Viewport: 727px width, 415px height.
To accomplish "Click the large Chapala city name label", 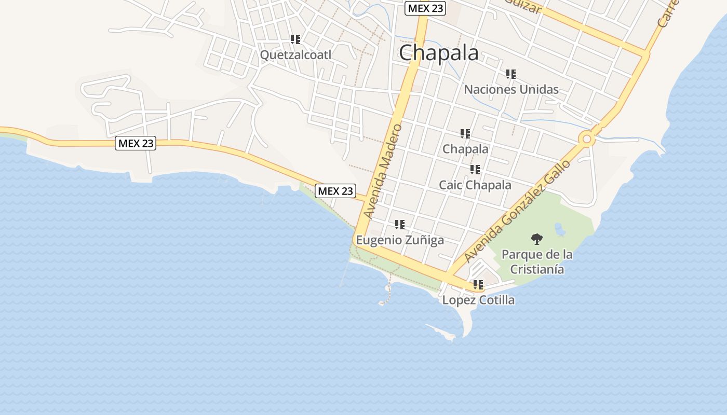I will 439,53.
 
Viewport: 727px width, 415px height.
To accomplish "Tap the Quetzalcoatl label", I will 295,54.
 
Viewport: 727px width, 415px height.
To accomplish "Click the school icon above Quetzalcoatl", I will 295,39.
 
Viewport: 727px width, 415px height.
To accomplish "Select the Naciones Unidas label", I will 511,89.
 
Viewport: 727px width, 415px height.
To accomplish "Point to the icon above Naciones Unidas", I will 511,74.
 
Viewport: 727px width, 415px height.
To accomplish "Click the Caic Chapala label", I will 475,185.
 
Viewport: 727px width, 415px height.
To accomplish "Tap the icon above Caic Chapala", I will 475,170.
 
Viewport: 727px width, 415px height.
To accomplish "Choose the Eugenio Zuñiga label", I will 400,240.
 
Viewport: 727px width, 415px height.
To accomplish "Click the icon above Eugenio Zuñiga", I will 400,225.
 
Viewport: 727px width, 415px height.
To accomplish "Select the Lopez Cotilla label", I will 478,300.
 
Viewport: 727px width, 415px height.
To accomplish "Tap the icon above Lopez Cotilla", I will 478,285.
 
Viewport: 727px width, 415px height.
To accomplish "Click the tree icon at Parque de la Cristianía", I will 537,239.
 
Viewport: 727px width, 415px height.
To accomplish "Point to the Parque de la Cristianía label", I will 537,262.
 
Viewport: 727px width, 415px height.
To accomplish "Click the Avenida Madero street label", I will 383,171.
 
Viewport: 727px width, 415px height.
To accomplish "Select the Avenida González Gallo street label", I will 517,210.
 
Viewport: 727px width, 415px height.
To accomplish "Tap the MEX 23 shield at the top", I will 425,8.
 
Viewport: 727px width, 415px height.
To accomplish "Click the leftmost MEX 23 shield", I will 136,143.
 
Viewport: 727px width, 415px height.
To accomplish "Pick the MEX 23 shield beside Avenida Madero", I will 335,191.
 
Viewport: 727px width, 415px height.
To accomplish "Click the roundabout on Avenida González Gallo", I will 587,139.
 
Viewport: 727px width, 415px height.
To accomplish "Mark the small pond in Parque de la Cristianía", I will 560,229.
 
